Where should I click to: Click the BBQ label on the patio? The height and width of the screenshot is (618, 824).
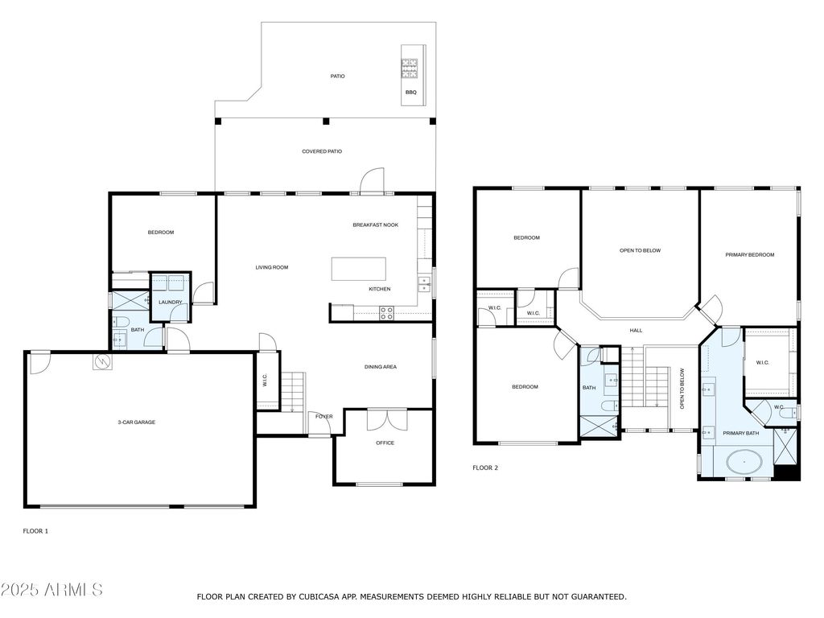(411, 93)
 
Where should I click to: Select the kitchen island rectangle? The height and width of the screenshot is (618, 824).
(359, 268)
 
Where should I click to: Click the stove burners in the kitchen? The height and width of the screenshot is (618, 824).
(386, 313)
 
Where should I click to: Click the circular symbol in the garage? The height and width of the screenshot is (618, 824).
(102, 362)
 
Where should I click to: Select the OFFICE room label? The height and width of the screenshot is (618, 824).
(385, 443)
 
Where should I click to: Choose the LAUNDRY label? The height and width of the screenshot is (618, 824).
(170, 303)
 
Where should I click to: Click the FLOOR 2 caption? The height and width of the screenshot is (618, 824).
(485, 468)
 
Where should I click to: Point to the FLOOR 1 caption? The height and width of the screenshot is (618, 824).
(35, 531)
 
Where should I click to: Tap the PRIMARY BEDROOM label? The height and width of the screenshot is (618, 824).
(749, 255)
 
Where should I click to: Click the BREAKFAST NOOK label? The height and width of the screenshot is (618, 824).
(375, 225)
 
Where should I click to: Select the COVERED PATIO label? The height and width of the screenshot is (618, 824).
(322, 151)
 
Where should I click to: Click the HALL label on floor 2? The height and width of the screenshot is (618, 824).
(636, 330)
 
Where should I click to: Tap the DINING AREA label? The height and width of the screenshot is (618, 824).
(381, 367)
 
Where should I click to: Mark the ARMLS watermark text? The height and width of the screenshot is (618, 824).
(52, 590)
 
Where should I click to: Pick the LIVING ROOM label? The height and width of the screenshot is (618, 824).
(272, 268)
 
